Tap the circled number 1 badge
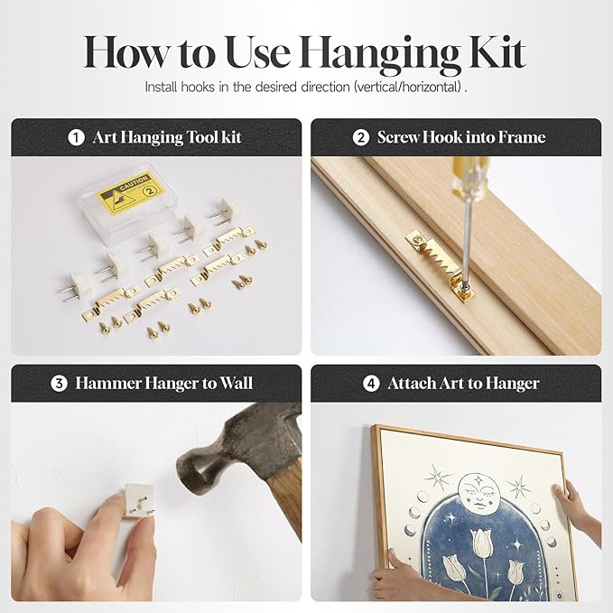(76, 137)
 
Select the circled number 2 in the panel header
(360, 137)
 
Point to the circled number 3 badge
(59, 383)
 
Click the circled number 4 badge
(371, 383)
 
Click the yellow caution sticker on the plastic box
(130, 193)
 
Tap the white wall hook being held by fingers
(138, 501)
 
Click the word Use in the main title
(259, 52)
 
